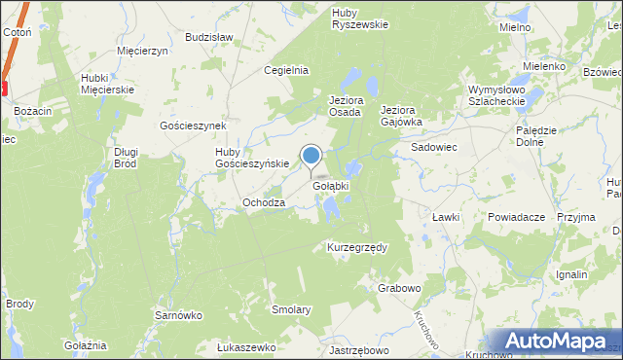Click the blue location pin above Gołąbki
(311, 156)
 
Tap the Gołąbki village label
(330, 185)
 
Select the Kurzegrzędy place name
(356, 247)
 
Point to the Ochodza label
(264, 202)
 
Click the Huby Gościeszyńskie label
(252, 158)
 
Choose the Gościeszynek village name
(193, 126)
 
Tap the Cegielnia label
(286, 70)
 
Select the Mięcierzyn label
(142, 50)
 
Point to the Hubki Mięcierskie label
(107, 84)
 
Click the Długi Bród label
(127, 158)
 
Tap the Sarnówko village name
(178, 315)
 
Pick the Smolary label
(291, 309)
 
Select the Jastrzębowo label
(359, 350)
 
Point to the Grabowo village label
(399, 288)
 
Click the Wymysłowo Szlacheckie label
(495, 95)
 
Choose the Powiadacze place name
(516, 218)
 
